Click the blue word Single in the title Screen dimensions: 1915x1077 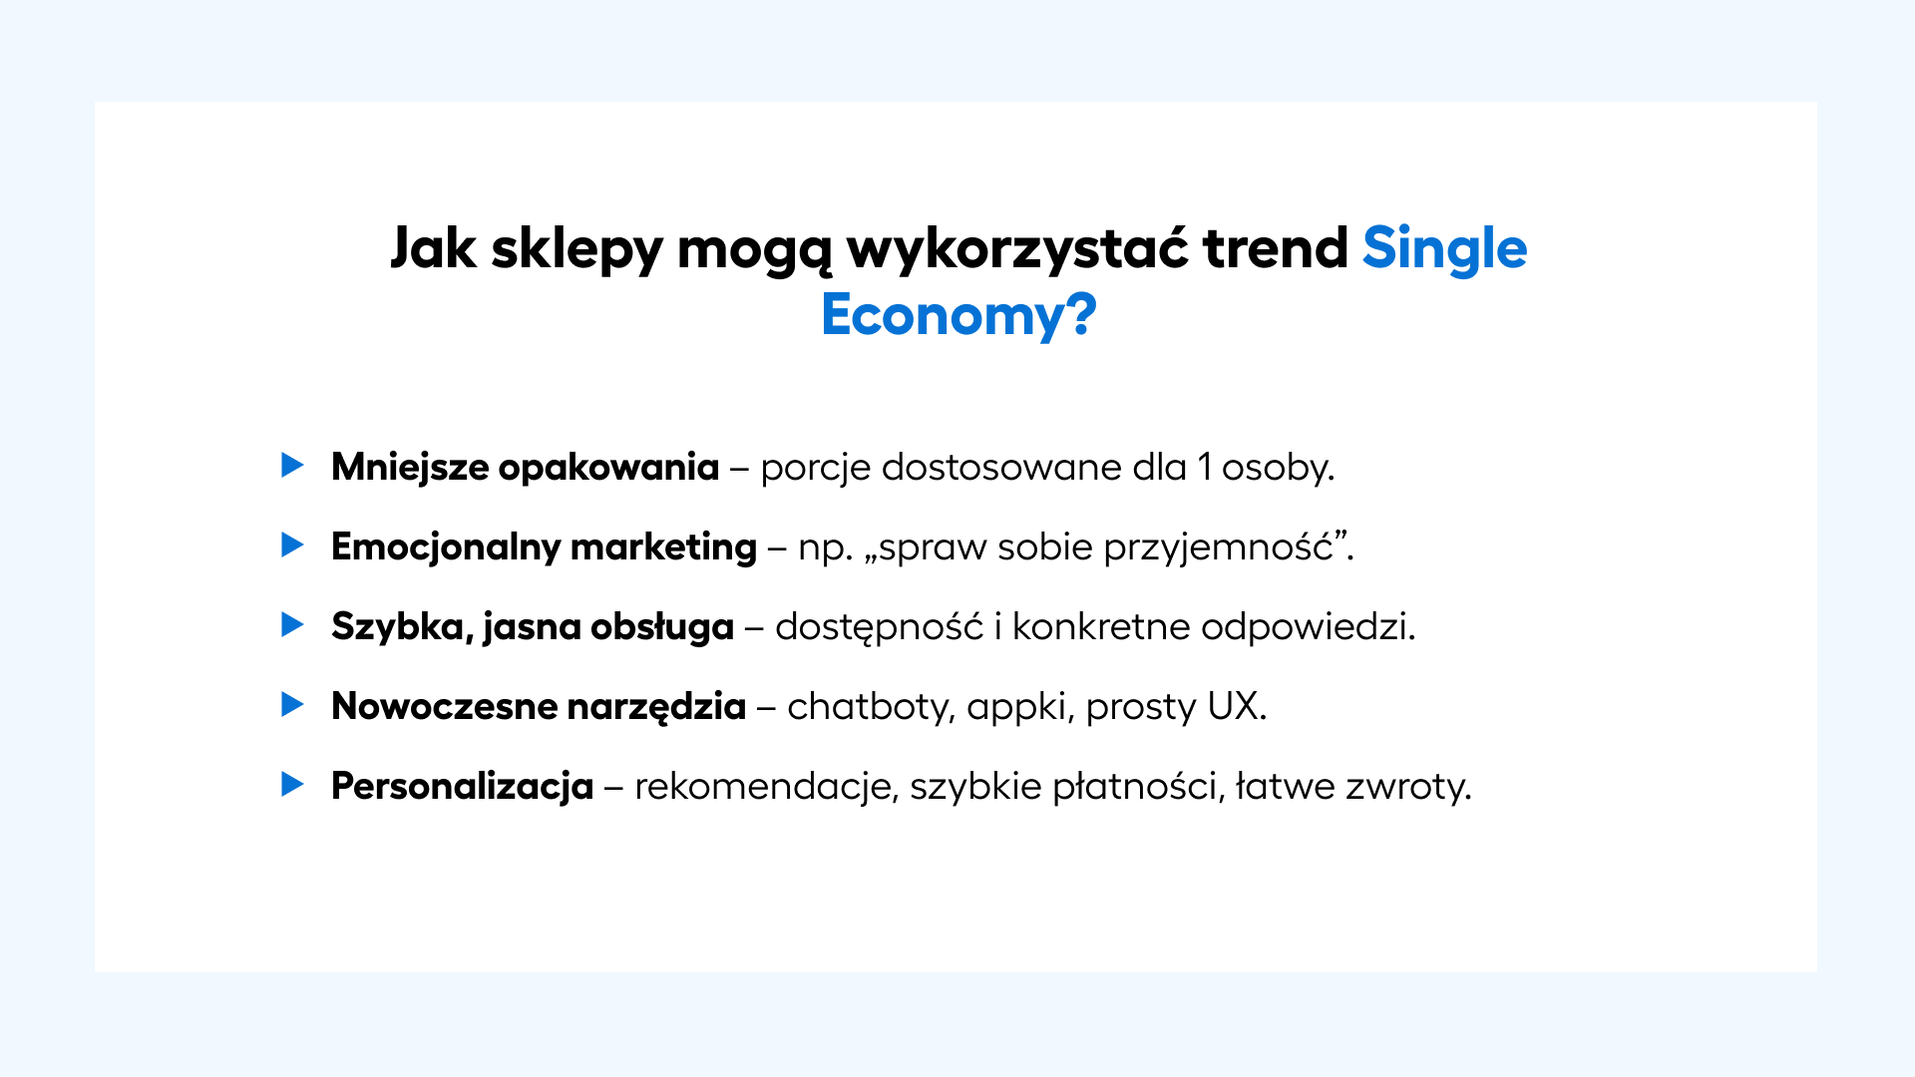pyautogui.click(x=1444, y=248)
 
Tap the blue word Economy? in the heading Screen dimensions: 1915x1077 pyautogui.click(x=958, y=315)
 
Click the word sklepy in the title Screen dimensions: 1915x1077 pyautogui.click(x=576, y=248)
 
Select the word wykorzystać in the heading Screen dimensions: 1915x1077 pyautogui.click(x=1017, y=248)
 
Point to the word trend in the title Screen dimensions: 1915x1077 pyautogui.click(x=1276, y=248)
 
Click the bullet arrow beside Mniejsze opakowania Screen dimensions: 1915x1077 pyautogui.click(x=292, y=465)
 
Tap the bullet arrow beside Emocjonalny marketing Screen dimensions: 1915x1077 pyautogui.click(x=292, y=544)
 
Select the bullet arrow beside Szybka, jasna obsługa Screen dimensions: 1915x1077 pyautogui.click(x=292, y=624)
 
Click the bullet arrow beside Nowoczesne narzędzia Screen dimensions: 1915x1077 pyautogui.click(x=292, y=704)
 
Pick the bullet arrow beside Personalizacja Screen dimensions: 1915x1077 pyautogui.click(x=292, y=784)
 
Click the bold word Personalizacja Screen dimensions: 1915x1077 pyautogui.click(x=463, y=787)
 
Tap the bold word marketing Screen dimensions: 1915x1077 pyautogui.click(x=663, y=547)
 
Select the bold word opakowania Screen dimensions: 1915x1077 pyautogui.click(x=608, y=468)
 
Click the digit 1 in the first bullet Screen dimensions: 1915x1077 pyautogui.click(x=1204, y=467)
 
